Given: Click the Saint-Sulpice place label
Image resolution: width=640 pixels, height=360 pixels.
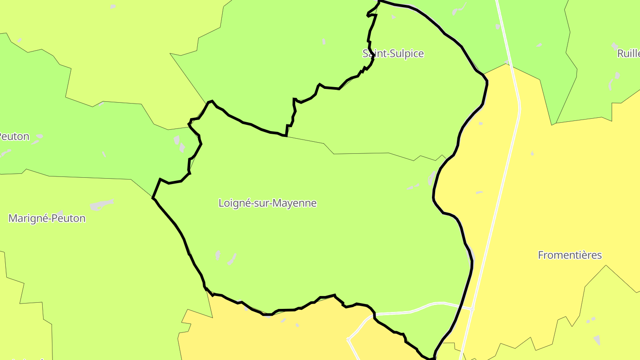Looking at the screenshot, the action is [x=393, y=54].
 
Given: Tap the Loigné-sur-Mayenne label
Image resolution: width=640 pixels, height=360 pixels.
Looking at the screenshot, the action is [x=268, y=203].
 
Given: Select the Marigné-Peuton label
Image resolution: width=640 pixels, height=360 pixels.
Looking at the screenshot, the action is [x=47, y=218].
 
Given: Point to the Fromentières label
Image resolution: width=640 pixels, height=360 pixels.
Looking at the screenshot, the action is [x=570, y=255].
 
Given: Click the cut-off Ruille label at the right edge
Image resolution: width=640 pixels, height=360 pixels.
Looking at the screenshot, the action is [x=628, y=54].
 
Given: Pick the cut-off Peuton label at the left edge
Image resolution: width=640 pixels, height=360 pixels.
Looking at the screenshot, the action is [x=14, y=136].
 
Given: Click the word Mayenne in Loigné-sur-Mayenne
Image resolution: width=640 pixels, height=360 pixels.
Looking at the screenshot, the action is [x=295, y=203].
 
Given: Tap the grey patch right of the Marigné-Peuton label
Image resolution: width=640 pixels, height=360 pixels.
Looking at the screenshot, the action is [x=101, y=205].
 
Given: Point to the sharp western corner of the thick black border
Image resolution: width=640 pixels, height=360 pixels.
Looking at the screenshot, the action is [x=153, y=197].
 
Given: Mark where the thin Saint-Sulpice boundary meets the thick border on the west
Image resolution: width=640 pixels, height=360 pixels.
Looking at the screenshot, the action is [x=287, y=136].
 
